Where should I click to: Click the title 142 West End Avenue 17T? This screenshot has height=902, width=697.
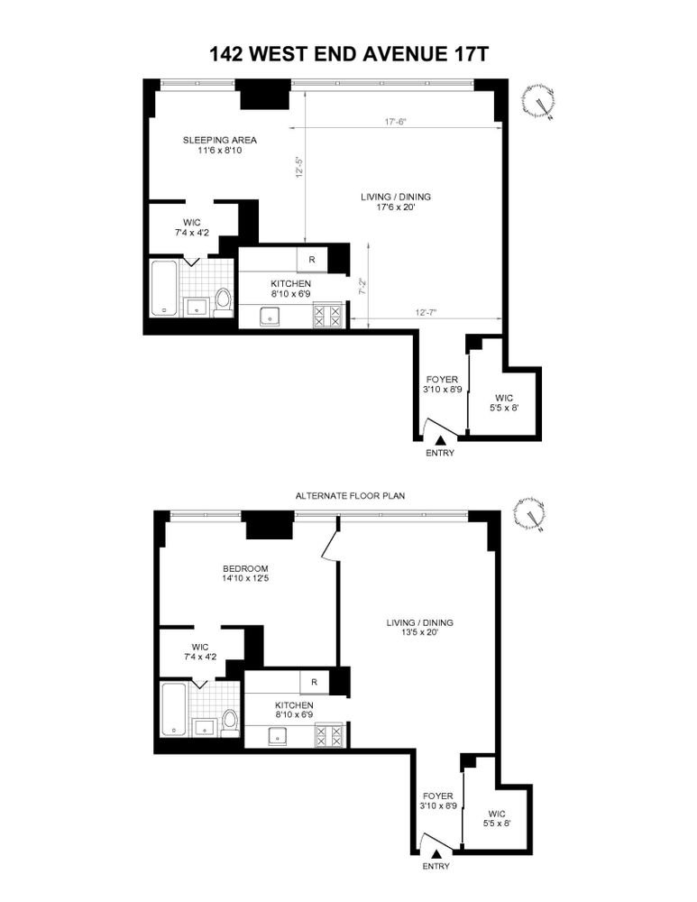coord(348,54)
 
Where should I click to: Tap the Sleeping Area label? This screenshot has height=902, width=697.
coord(220,140)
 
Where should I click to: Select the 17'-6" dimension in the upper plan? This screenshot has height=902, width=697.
coord(396,122)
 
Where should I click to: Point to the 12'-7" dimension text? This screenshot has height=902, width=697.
coord(426,312)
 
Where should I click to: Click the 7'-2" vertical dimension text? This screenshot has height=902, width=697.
coord(362,287)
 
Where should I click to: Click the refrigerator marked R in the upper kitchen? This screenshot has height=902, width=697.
coord(312,260)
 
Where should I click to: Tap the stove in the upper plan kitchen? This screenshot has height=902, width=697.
coord(327,317)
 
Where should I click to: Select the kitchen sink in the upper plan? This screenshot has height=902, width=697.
coord(269,317)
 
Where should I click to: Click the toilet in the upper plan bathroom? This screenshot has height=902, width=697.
coord(223,302)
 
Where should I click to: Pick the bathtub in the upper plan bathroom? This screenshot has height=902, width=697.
coord(164,289)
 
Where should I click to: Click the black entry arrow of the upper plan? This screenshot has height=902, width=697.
coord(441,440)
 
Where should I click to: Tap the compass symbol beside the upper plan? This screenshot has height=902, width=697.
coord(539,103)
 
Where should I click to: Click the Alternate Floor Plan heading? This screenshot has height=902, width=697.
coord(350,495)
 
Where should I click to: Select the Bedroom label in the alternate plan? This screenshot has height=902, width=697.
coord(245,568)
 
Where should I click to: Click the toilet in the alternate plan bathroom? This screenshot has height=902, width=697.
coord(230,723)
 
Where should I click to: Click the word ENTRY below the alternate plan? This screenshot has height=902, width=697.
coord(436,866)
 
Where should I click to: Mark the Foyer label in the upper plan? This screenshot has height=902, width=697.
coord(442,380)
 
